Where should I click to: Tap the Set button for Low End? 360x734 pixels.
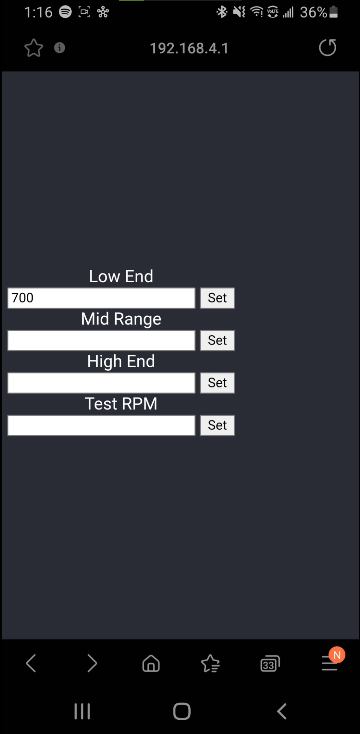pyautogui.click(x=217, y=298)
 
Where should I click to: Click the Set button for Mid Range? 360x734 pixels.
pyautogui.click(x=217, y=340)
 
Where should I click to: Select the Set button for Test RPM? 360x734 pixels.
pyautogui.click(x=217, y=425)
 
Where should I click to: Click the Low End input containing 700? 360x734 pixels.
pyautogui.click(x=101, y=298)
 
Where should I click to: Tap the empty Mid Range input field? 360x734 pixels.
pyautogui.click(x=101, y=340)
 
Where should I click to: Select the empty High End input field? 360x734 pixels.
pyautogui.click(x=101, y=383)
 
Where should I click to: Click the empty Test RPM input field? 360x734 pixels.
pyautogui.click(x=101, y=425)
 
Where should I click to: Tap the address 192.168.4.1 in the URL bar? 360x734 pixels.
pyautogui.click(x=189, y=48)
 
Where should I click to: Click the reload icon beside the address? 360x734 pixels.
pyautogui.click(x=327, y=48)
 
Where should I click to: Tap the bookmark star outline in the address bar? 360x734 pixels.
pyautogui.click(x=34, y=48)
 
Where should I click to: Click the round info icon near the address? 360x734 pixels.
pyautogui.click(x=59, y=48)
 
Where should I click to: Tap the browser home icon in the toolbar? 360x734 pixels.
pyautogui.click(x=151, y=663)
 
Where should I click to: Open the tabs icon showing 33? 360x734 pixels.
pyautogui.click(x=270, y=664)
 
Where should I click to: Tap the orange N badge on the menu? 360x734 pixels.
pyautogui.click(x=337, y=655)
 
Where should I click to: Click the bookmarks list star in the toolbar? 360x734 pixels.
pyautogui.click(x=210, y=663)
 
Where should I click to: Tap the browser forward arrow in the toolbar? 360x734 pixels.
pyautogui.click(x=92, y=663)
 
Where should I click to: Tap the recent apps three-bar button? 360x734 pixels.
pyautogui.click(x=82, y=711)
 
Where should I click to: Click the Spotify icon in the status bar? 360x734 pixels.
pyautogui.click(x=65, y=12)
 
